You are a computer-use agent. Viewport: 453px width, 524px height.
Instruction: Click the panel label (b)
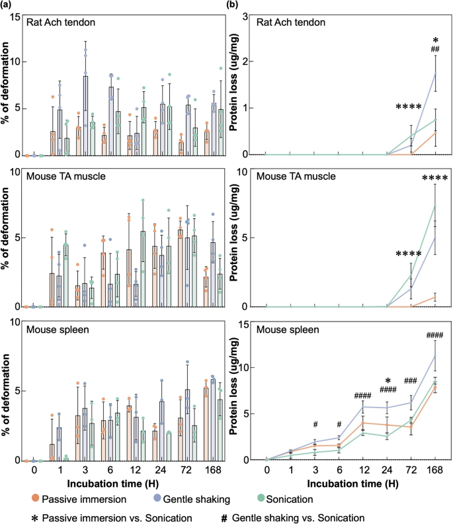(x=233, y=5)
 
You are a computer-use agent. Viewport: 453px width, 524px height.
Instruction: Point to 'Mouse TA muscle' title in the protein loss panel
(x=300, y=178)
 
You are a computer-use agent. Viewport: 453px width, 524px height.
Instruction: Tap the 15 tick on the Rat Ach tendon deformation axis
(x=16, y=16)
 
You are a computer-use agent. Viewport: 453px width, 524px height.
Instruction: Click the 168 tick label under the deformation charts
(x=216, y=474)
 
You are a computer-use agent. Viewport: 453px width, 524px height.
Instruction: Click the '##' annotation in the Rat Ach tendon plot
(x=435, y=48)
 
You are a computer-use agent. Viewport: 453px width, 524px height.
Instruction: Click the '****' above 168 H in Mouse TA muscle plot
(x=434, y=177)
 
